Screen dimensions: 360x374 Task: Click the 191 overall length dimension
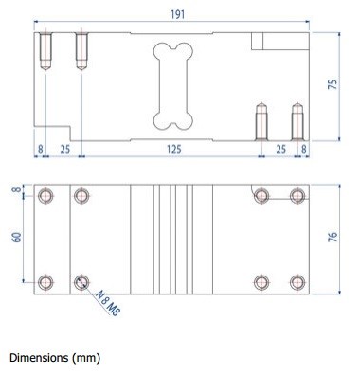(178, 14)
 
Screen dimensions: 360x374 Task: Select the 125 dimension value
(174, 149)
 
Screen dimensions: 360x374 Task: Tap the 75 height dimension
(333, 83)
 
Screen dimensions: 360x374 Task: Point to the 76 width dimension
(333, 237)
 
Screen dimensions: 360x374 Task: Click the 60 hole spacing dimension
(17, 238)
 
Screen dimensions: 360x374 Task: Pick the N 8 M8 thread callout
(108, 303)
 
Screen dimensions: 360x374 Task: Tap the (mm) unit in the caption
(86, 358)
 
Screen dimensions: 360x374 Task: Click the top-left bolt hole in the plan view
(45, 196)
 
